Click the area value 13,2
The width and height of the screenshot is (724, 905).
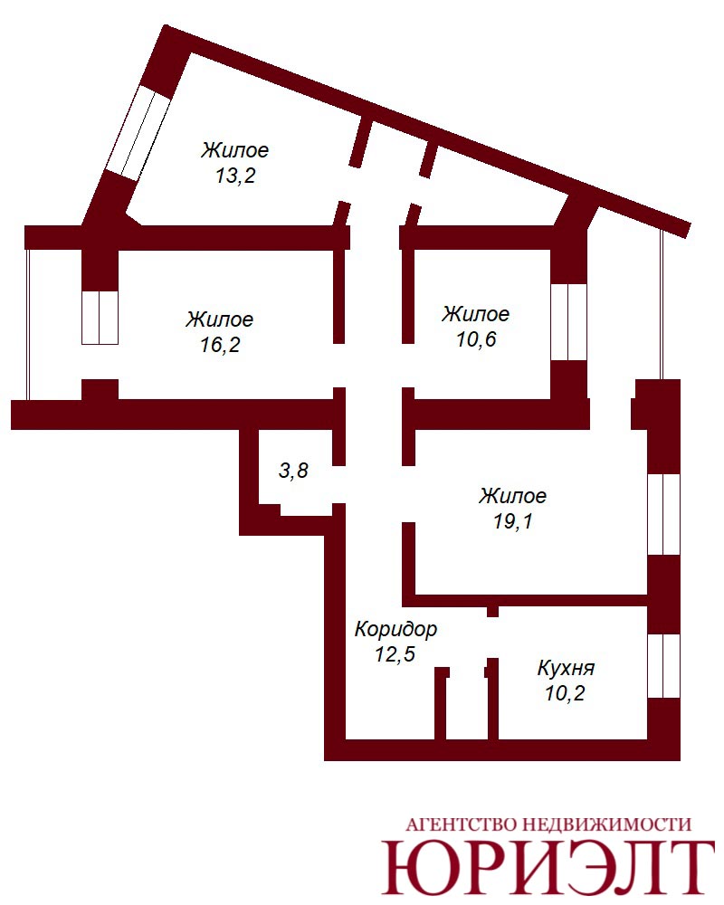pyautogui.click(x=235, y=176)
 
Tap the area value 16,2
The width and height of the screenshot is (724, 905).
pyautogui.click(x=220, y=345)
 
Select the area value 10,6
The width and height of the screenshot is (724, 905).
pyautogui.click(x=476, y=339)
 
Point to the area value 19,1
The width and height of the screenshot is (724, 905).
pyautogui.click(x=513, y=521)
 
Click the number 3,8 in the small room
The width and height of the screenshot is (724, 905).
pyautogui.click(x=293, y=471)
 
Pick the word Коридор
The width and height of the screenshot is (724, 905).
pyautogui.click(x=395, y=629)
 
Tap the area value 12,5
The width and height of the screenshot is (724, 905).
pyautogui.click(x=395, y=654)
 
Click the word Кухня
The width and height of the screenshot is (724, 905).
pyautogui.click(x=566, y=668)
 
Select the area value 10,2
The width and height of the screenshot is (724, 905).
pyautogui.click(x=566, y=692)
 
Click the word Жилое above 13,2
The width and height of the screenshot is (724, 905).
pyautogui.click(x=235, y=150)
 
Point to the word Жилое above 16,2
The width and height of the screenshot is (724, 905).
pyautogui.click(x=219, y=319)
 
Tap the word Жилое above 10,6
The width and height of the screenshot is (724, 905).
pyautogui.click(x=476, y=314)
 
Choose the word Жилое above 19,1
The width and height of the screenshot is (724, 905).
pyautogui.click(x=513, y=496)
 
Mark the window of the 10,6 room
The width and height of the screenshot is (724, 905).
pyautogui.click(x=568, y=322)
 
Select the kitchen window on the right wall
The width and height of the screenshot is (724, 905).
pyautogui.click(x=663, y=666)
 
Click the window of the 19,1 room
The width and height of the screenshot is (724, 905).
pyautogui.click(x=663, y=515)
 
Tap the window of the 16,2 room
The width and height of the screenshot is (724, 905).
pyautogui.click(x=100, y=318)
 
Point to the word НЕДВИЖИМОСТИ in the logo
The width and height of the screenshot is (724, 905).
pyautogui.click(x=606, y=824)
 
